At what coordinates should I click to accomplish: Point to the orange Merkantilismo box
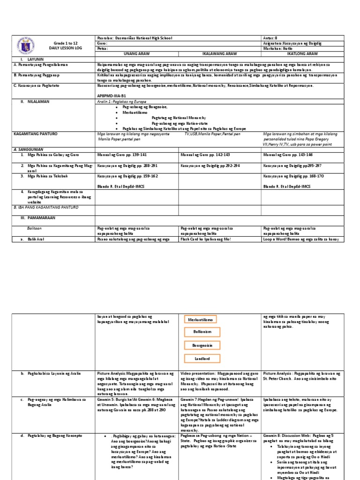200,319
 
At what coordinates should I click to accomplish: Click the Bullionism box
200,332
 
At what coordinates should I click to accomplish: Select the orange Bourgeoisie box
200,345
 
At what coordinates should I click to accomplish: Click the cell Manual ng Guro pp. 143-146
288,154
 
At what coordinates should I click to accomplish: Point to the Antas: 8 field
271,37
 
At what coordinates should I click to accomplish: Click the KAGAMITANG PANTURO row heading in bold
35,134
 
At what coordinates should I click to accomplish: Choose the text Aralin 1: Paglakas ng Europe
121,101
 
